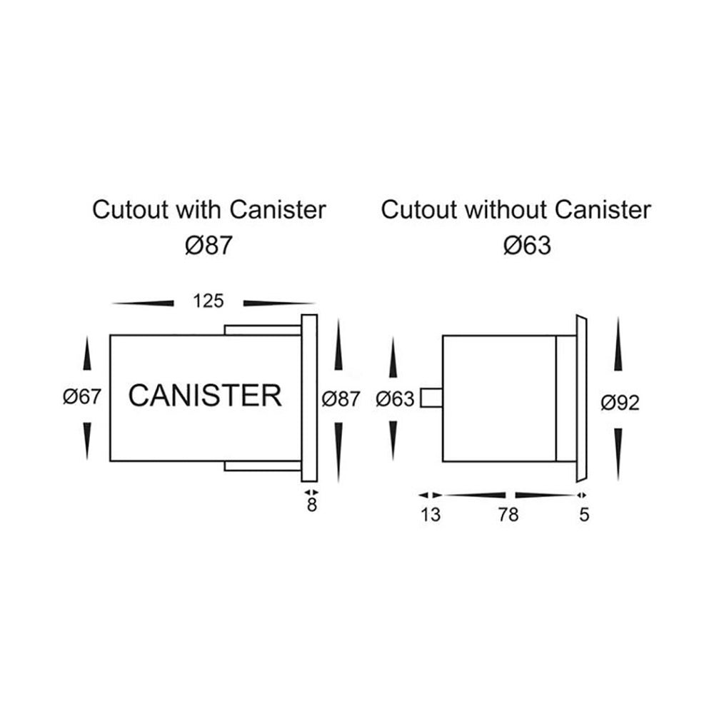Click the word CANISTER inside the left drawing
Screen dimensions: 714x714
point(205,395)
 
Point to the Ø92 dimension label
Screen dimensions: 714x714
point(619,403)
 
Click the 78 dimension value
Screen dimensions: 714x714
point(508,515)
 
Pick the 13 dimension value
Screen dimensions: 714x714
point(431,515)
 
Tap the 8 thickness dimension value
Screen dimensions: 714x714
point(311,506)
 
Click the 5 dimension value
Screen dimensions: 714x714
point(585,515)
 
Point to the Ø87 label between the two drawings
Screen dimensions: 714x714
point(340,399)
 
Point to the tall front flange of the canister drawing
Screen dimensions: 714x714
point(309,398)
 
